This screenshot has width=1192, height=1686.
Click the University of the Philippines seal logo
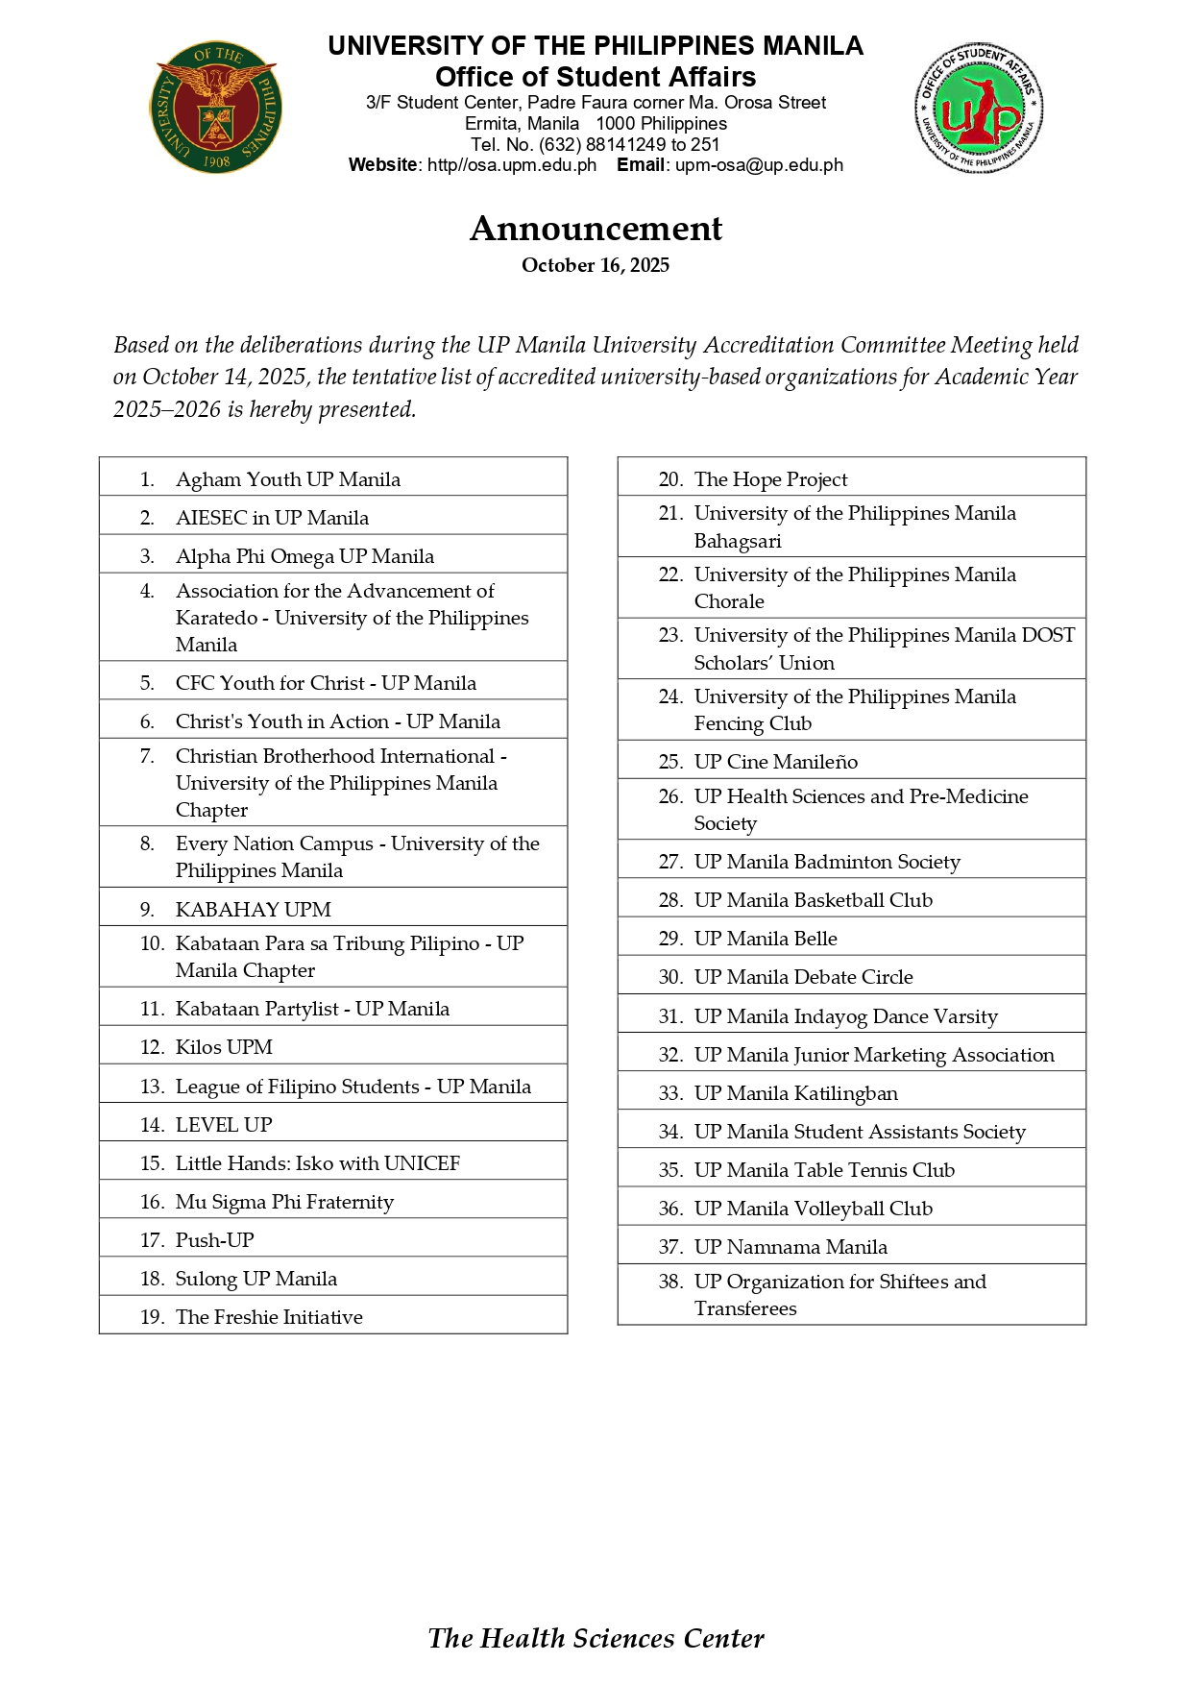coord(216,106)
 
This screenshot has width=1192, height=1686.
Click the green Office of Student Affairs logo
coord(979,108)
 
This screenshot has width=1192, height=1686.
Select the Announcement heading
coord(596,229)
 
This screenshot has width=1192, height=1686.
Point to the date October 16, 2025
coord(596,265)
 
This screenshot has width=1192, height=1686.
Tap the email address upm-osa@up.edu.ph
coord(759,165)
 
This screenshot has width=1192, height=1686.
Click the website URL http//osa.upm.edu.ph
coord(512,165)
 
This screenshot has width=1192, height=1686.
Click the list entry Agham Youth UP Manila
coord(287,479)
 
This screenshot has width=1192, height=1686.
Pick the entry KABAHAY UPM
coord(253,909)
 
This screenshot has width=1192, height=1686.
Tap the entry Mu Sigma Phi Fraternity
coord(284,1202)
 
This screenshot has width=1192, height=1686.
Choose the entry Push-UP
coord(214,1240)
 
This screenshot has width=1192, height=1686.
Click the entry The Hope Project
coord(770,479)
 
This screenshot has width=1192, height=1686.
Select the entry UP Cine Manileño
coord(775,762)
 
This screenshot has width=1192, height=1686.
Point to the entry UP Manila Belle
coord(766,939)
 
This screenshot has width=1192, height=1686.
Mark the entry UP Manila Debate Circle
coord(803,977)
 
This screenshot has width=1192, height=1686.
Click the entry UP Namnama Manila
coord(791,1247)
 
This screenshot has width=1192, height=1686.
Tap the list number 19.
coord(152,1317)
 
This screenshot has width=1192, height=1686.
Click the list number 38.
coord(670,1282)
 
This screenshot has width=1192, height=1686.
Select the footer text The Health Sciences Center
coord(596,1639)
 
